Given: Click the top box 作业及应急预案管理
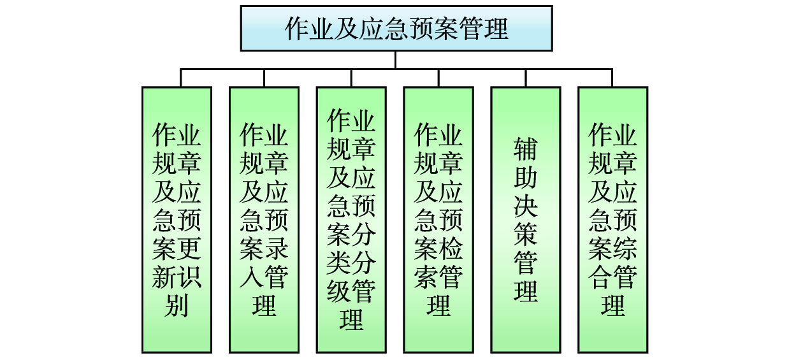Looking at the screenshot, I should [396, 29].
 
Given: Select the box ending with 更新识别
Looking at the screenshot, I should [177, 220].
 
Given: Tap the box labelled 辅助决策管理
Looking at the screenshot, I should [526, 220].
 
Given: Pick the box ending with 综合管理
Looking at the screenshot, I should [612, 220].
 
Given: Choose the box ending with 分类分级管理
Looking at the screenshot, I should [351, 220].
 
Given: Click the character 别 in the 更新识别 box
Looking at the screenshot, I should [177, 306].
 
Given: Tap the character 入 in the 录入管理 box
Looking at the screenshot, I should [252, 278].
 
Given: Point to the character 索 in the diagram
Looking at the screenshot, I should [426, 278].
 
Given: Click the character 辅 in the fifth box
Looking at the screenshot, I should [526, 150].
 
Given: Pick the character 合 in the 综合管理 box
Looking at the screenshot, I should [600, 278].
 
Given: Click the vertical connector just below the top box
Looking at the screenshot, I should [396, 59].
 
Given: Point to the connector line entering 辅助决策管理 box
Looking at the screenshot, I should [526, 78].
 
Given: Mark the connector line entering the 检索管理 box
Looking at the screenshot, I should [438, 78].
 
